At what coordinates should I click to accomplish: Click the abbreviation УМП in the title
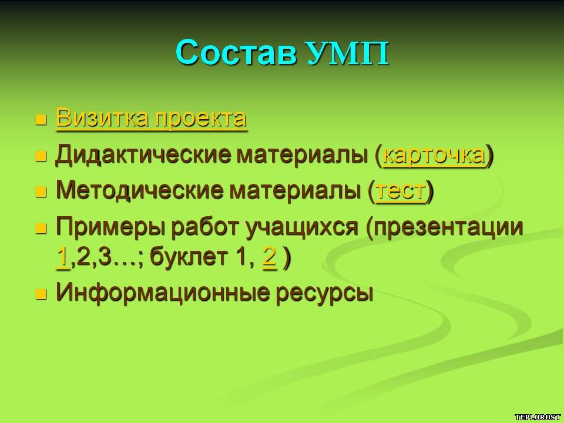click(x=348, y=53)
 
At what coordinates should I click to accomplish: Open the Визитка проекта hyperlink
click(x=151, y=118)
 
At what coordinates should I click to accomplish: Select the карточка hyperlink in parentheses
click(x=434, y=155)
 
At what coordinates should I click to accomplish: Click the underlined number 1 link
click(x=63, y=257)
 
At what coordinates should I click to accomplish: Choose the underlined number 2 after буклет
click(x=270, y=257)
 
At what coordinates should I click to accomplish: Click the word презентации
click(x=445, y=228)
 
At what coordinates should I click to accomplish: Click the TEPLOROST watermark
click(x=538, y=417)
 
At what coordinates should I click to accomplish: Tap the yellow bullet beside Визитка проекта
click(x=41, y=120)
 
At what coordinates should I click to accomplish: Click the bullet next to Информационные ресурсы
click(x=41, y=294)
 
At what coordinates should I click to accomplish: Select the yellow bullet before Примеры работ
click(x=41, y=229)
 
